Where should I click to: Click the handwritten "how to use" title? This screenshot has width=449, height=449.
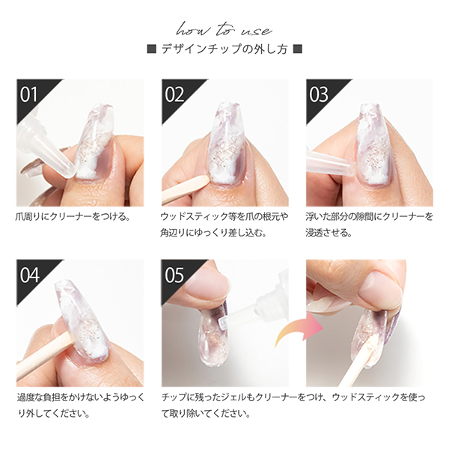(x=224, y=30)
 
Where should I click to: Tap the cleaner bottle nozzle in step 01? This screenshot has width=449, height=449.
(x=46, y=149)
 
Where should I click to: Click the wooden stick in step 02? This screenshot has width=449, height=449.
(x=186, y=189)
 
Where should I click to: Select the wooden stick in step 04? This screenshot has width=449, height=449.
(x=43, y=356)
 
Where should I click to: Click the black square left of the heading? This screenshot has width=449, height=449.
(x=151, y=49)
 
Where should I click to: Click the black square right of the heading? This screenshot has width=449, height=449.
(x=298, y=49)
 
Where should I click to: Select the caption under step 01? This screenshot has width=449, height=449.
(x=73, y=217)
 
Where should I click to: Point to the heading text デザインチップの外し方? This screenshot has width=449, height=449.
(x=224, y=49)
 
